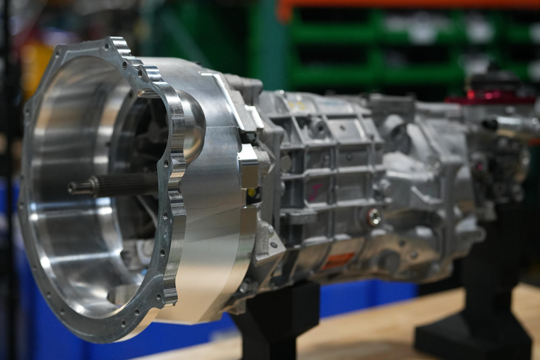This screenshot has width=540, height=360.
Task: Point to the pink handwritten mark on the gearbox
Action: (x=315, y=191)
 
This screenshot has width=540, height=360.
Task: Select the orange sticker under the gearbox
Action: (x=337, y=260)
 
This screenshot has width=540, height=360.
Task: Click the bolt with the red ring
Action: (x=373, y=218)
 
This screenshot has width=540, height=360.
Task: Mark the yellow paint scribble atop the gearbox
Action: (x=297, y=105)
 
